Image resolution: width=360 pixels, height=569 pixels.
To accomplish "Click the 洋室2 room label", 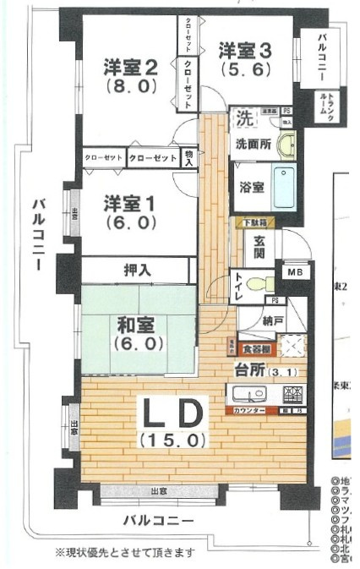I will pyautogui.click(x=130, y=65).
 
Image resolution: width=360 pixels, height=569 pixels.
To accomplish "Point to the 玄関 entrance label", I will pyautogui.click(x=256, y=249).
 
